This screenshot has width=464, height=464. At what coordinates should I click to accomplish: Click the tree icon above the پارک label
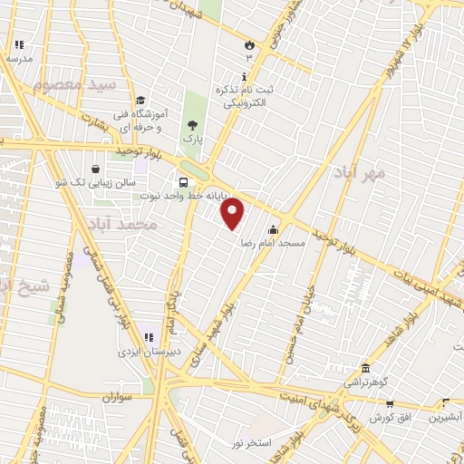pyautogui.click(x=191, y=125)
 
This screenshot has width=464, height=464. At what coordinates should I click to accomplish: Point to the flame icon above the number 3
pyautogui.click(x=249, y=43)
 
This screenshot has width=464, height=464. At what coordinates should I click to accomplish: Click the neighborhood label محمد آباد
pyautogui.click(x=125, y=223)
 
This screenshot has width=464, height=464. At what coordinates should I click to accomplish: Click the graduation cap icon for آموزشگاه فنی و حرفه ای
pyautogui.click(x=140, y=101)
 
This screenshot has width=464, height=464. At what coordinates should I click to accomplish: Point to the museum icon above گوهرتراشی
pyautogui.click(x=365, y=369)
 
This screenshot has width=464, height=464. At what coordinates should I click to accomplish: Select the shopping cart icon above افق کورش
pyautogui.click(x=390, y=403)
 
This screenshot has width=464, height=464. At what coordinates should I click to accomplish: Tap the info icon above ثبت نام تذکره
pyautogui.click(x=243, y=76)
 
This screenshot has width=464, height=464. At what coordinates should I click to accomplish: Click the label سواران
pyautogui.click(x=118, y=397)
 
